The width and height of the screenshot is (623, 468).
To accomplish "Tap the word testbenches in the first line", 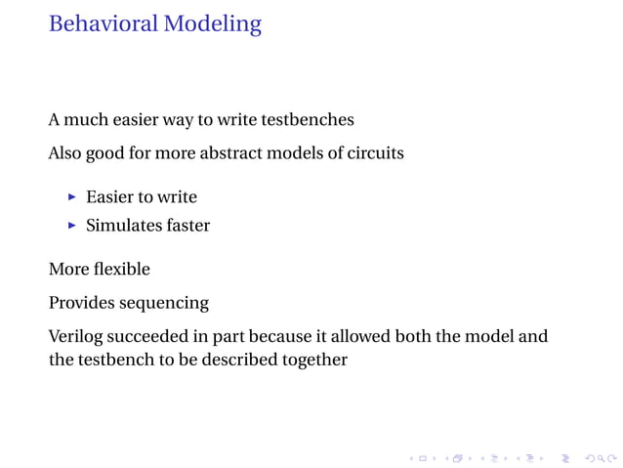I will tap(306, 120).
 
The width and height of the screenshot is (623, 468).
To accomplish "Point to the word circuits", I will tap(375, 153).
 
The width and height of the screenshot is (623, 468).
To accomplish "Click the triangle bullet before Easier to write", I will tap(71, 197).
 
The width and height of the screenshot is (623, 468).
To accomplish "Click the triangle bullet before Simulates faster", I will tap(71, 226).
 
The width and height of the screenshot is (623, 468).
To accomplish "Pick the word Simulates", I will tap(123, 226).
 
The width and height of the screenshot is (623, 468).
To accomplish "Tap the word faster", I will tap(187, 226).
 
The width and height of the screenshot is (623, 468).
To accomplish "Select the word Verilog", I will tap(75, 337).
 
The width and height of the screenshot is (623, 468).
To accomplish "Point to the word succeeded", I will tap(145, 337).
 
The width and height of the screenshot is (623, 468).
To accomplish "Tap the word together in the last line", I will tap(314, 360).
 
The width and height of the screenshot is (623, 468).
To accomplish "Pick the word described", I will tap(243, 360).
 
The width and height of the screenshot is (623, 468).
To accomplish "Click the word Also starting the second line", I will tap(65, 153).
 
